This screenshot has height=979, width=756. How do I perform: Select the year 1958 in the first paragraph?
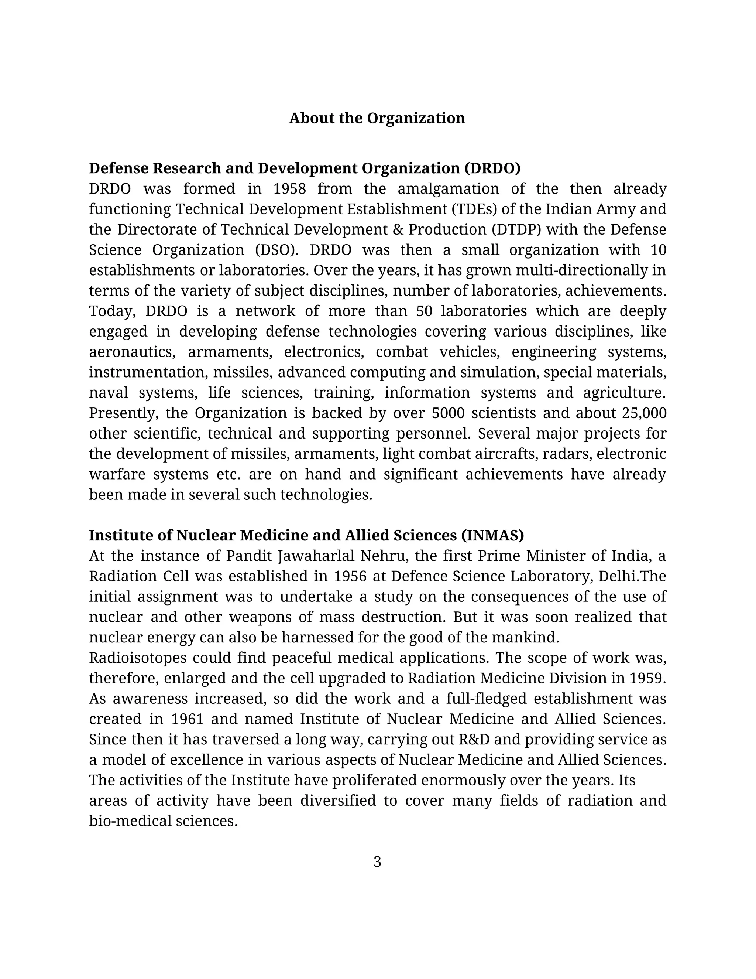[x=289, y=189]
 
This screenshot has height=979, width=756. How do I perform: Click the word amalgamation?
[x=448, y=189]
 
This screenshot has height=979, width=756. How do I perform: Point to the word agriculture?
[x=624, y=393]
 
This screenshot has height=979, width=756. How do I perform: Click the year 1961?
[x=187, y=719]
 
